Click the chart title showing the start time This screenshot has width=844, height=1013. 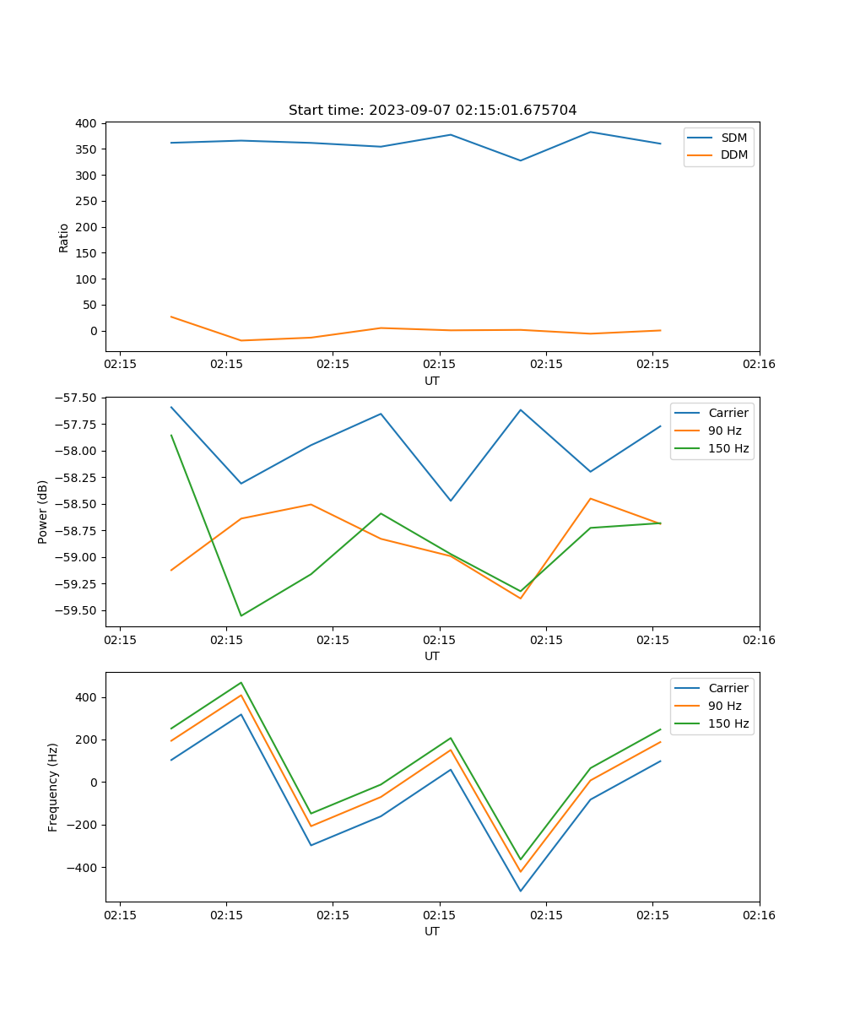click(432, 111)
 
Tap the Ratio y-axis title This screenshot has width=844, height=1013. click(64, 237)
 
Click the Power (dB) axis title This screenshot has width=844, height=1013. click(43, 512)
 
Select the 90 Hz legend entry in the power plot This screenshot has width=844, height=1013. click(724, 431)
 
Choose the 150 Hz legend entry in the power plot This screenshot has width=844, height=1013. click(728, 448)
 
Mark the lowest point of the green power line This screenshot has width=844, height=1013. click(241, 615)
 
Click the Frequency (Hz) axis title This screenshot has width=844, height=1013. click(53, 787)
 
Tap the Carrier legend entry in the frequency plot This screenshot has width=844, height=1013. click(728, 688)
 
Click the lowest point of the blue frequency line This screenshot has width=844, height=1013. click(521, 891)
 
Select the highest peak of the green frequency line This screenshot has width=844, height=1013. click(241, 682)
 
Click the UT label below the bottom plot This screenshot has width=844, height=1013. click(432, 931)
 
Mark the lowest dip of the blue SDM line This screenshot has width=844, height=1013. click(521, 160)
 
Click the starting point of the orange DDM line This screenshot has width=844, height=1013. click(171, 317)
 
